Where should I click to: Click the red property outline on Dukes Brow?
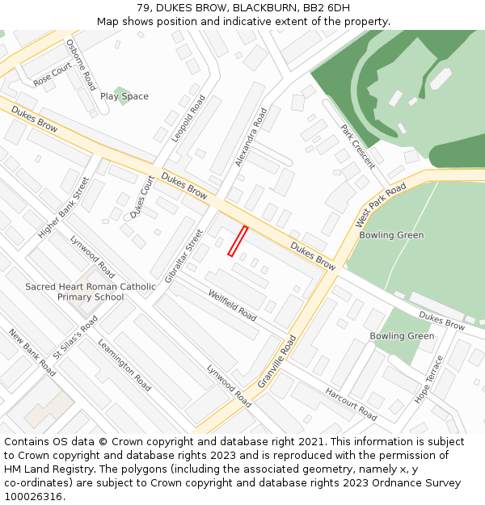click(237, 242)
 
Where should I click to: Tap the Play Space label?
click(124, 96)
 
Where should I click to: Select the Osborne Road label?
click(81, 65)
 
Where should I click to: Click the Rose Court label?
click(53, 76)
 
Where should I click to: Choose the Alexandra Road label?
click(251, 137)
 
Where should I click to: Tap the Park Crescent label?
click(357, 146)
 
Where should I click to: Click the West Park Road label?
click(381, 205)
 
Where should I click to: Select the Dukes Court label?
click(142, 197)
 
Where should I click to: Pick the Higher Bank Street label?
click(63, 208)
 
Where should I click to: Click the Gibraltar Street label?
click(183, 255)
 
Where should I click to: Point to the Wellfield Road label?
click(232, 305)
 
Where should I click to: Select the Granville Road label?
click(278, 364)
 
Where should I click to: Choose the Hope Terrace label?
click(428, 379)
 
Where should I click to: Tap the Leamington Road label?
click(124, 364)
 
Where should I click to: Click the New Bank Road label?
click(32, 351)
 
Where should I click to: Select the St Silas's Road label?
click(75, 337)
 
